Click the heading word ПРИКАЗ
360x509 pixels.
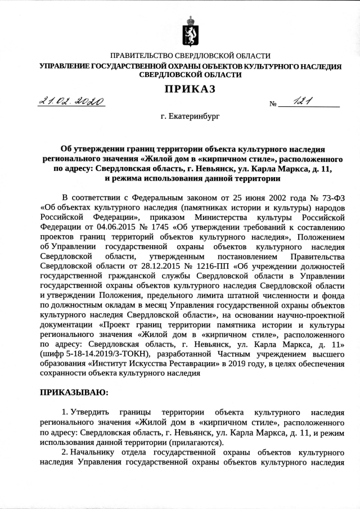pyautogui.click(x=190, y=88)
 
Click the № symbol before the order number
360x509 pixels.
pyautogui.click(x=274, y=104)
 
